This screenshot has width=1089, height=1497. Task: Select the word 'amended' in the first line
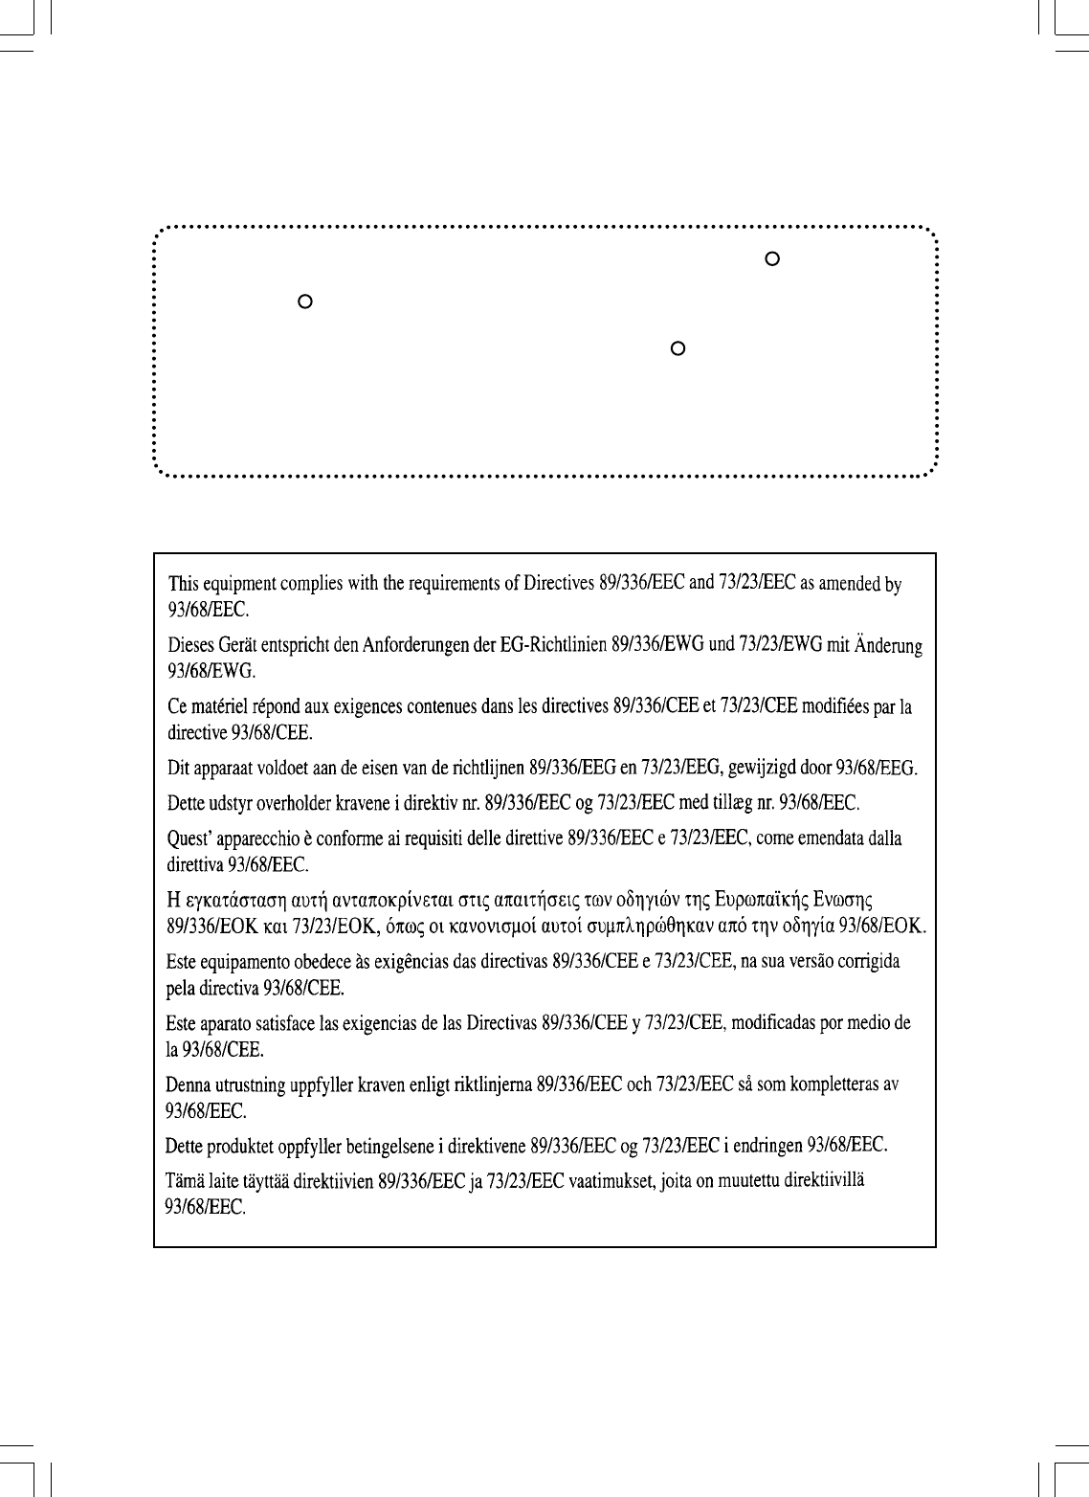click(x=846, y=584)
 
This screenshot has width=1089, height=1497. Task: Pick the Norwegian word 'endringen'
click(x=770, y=1145)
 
